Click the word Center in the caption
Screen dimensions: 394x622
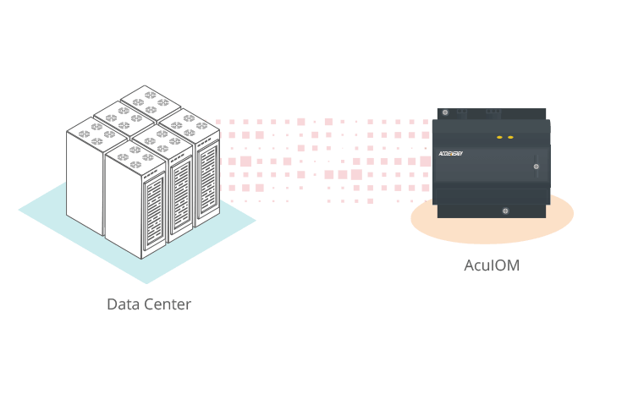165,304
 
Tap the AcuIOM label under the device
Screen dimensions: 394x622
492,265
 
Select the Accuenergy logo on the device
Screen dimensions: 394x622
455,153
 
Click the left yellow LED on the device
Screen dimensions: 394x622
499,137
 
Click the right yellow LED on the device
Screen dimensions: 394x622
510,137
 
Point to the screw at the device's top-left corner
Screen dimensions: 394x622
445,112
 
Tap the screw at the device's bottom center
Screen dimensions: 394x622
504,211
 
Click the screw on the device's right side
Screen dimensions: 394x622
536,167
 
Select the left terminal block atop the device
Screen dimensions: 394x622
461,111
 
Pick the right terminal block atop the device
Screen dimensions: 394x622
493,111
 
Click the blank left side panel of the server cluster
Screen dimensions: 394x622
85,186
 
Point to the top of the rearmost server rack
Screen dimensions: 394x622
150,97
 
